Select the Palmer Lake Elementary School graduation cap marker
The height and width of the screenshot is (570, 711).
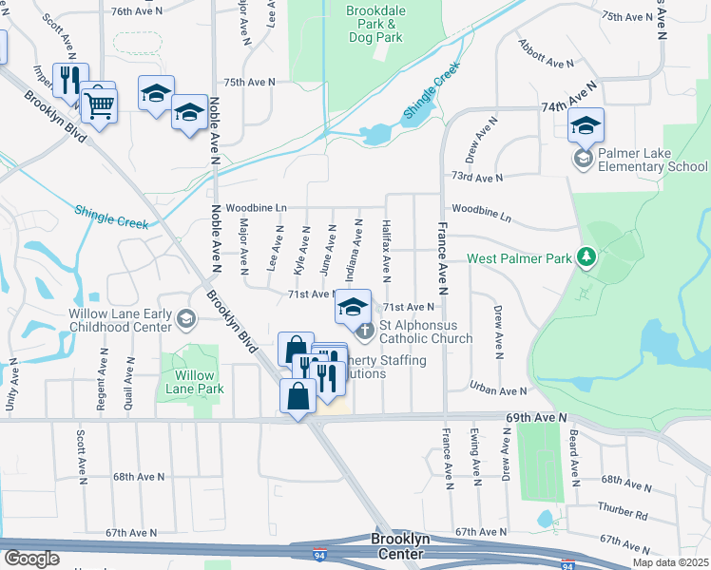pyautogui.click(x=586, y=127)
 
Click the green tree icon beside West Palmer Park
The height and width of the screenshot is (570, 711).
pyautogui.click(x=587, y=257)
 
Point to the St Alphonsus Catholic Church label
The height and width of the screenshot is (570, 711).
pyautogui.click(x=426, y=332)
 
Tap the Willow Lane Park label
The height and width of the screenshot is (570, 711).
pyautogui.click(x=194, y=382)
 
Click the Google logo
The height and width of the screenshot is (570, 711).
pyautogui.click(x=31, y=559)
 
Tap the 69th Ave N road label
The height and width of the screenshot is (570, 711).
pyautogui.click(x=535, y=417)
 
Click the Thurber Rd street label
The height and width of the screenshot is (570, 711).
pyautogui.click(x=623, y=514)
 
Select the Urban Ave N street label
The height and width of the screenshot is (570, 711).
pyautogui.click(x=499, y=390)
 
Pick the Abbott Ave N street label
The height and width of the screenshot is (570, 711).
pyautogui.click(x=546, y=54)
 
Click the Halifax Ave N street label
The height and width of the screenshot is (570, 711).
pyautogui.click(x=387, y=253)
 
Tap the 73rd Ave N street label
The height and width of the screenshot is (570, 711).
pyautogui.click(x=475, y=178)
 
